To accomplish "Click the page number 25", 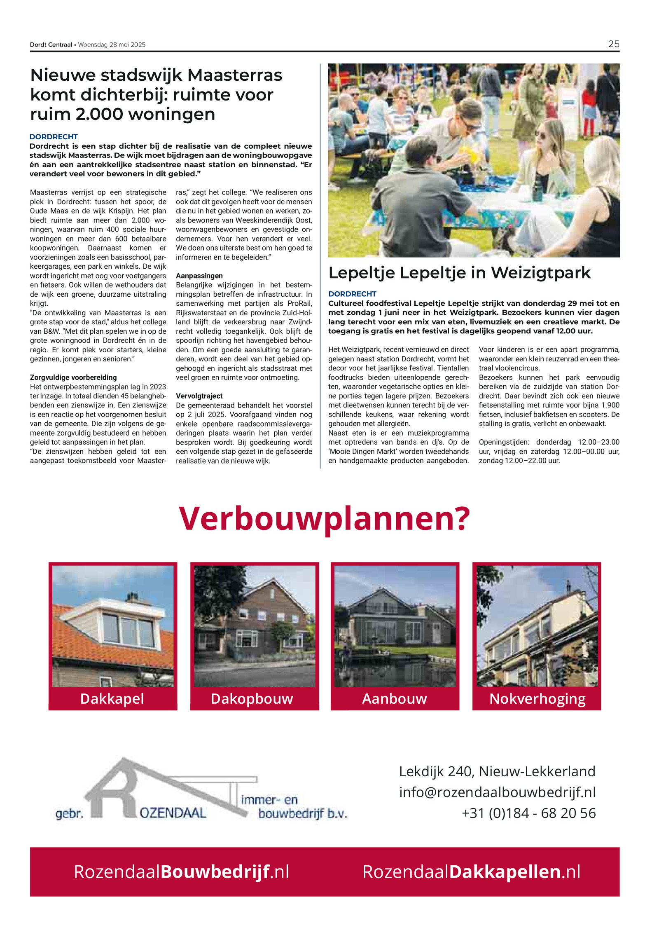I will click(613, 44).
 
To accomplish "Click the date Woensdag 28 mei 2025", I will click(112, 45).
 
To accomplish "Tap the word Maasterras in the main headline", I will click(235, 75).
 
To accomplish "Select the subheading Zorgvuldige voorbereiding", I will click(73, 377).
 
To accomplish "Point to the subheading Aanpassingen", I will click(199, 276).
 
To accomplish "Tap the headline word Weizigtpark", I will click(541, 273).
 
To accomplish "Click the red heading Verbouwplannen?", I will click(325, 518).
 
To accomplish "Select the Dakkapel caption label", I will click(112, 698).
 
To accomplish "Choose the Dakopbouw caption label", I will click(252, 698).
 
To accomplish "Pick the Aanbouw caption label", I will click(394, 698).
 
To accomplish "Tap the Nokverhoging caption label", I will click(537, 698).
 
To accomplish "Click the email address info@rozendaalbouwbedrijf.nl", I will click(497, 792).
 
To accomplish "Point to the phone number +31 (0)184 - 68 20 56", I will click(528, 813).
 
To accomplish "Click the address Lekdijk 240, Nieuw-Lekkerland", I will click(497, 771).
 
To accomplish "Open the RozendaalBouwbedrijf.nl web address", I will click(181, 871).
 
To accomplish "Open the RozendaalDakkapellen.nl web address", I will click(471, 871).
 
